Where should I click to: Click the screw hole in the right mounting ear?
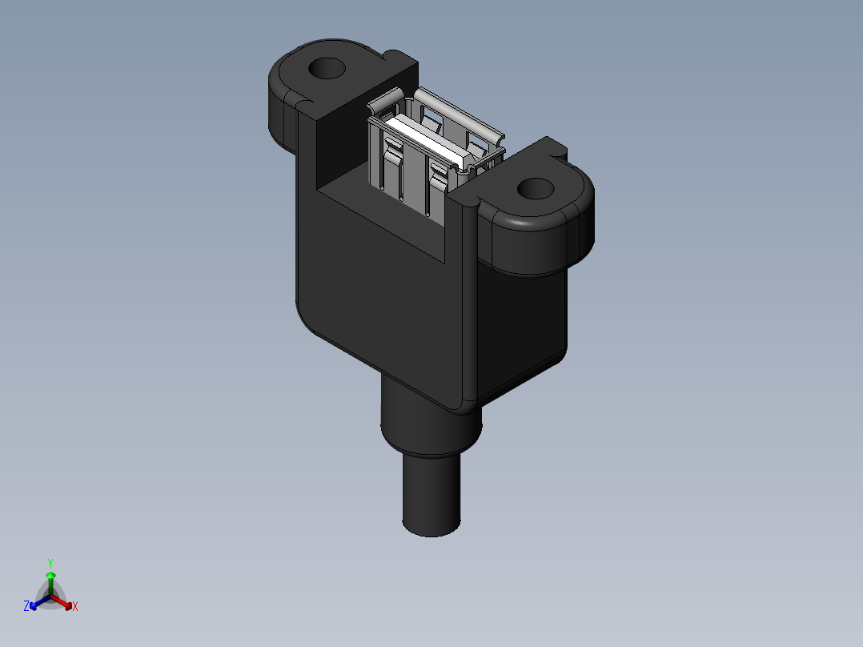(535, 190)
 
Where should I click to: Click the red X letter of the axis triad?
(75, 607)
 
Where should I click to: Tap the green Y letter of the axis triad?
(50, 563)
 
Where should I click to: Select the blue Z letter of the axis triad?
(26, 606)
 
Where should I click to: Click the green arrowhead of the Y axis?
(50, 575)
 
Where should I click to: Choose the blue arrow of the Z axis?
(36, 602)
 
